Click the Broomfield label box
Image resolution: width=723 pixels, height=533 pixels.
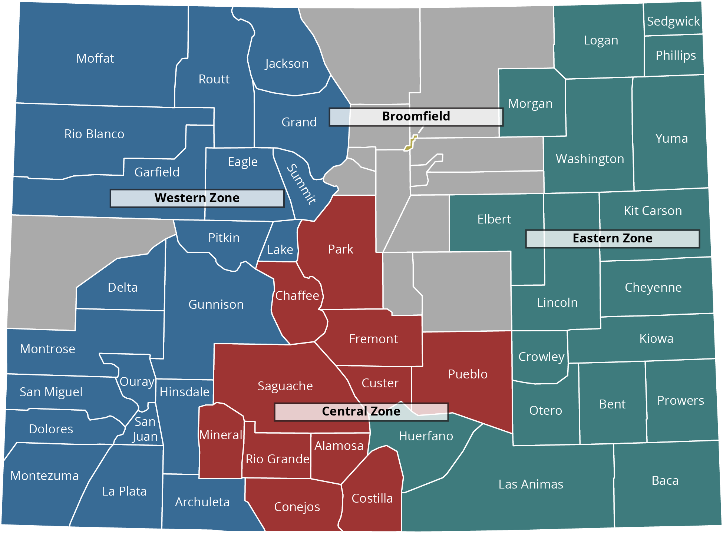tap(416, 117)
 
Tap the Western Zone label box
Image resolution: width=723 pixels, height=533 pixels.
tap(197, 198)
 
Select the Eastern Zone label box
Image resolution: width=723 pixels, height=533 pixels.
tap(613, 238)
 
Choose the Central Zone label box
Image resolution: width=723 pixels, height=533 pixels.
tap(361, 411)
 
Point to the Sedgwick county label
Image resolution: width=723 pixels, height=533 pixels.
tap(673, 21)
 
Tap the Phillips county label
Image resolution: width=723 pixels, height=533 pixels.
tap(676, 56)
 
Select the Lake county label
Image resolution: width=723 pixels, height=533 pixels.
tap(280, 250)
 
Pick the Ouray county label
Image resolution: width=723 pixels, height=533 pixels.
tap(137, 382)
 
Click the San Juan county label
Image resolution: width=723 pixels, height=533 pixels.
tap(145, 429)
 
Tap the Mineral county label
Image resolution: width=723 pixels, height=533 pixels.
tap(221, 435)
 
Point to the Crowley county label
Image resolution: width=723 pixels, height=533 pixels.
tap(541, 357)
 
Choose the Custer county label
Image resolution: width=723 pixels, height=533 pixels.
tap(380, 383)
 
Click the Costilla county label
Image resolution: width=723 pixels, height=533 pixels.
tap(372, 499)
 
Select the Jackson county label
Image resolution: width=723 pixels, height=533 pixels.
tap(287, 64)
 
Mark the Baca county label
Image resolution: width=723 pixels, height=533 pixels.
tap(665, 481)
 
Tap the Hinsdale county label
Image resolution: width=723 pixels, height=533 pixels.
tap(185, 392)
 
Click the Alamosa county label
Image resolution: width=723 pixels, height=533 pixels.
tap(339, 446)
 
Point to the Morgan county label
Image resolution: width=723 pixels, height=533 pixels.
tap(530, 104)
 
